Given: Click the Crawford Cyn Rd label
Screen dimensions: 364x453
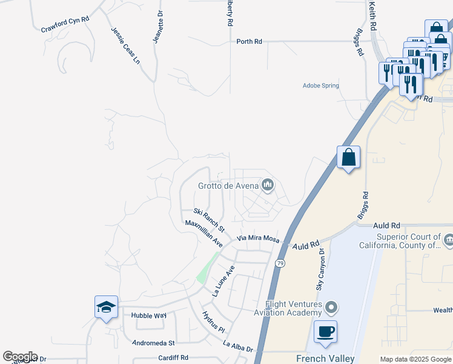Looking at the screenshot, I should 65,24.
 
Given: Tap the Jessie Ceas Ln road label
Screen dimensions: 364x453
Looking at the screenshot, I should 125,45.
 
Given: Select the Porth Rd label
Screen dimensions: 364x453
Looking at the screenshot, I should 249,42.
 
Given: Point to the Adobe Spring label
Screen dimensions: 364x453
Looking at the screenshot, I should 320,86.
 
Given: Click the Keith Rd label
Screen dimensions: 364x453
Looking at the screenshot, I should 372,16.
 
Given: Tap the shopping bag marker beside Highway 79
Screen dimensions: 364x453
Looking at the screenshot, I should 348,157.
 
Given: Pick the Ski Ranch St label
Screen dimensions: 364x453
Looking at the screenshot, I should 209,220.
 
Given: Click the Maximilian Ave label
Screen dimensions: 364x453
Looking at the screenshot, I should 204,233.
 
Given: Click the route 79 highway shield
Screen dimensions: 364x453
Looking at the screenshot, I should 279,263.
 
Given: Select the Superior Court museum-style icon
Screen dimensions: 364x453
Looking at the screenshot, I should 448,241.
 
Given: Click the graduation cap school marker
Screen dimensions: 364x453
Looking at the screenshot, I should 106,307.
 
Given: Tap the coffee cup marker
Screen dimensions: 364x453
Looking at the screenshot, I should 325,332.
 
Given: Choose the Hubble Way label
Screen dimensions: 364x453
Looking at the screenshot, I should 148,315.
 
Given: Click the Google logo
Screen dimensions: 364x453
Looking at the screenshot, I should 20,357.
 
